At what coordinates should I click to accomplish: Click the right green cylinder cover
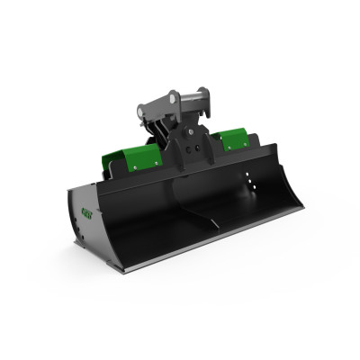[x=231, y=137]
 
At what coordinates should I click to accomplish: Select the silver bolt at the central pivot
[x=189, y=129]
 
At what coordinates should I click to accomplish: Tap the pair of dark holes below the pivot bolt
[x=191, y=144]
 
